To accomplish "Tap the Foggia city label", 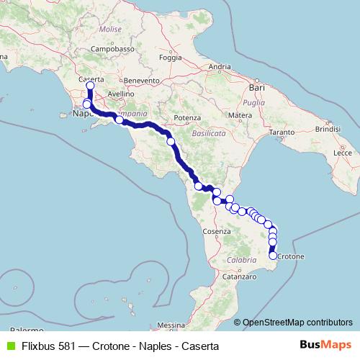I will click(x=170, y=58).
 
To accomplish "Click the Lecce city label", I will click(x=343, y=153).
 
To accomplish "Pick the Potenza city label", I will click(x=186, y=117).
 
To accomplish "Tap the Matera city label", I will click(x=238, y=115).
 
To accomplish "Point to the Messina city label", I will click(x=171, y=325).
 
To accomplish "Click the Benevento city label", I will click(x=140, y=81).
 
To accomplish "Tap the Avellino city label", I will click(x=120, y=94).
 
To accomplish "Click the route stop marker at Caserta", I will click(x=90, y=86).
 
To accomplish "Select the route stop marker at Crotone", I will click(x=273, y=255).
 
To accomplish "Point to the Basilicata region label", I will click(x=210, y=134).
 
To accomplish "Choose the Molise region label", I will click(x=111, y=30).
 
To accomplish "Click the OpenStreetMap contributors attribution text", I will click(x=298, y=322).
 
